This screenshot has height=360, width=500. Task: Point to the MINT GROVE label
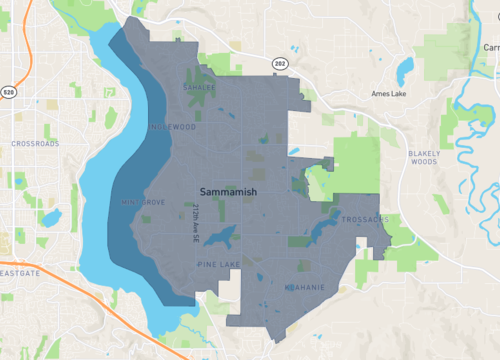pos(141,202)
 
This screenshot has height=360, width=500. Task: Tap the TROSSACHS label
pos(363,219)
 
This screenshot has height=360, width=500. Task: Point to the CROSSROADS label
pos(35,144)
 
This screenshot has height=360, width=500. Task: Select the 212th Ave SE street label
pos(184,217)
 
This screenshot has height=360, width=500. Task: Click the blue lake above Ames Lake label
pos(404,69)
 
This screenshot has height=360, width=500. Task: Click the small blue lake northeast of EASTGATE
pos(50,216)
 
